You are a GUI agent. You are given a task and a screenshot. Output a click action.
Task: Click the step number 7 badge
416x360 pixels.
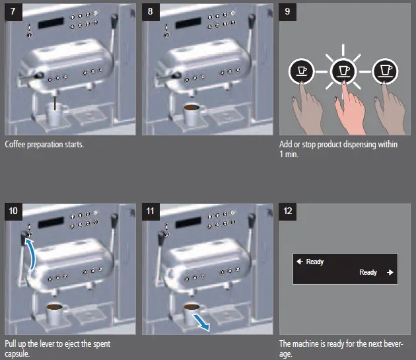[x=13, y=12]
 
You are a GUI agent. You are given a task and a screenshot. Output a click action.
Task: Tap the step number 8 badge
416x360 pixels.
[x=151, y=12]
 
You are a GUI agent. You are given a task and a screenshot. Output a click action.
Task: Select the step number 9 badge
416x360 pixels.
[x=288, y=12]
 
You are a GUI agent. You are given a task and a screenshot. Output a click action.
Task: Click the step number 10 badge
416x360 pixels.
[x=13, y=211]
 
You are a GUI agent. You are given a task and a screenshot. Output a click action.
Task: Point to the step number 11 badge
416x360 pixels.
[x=151, y=211]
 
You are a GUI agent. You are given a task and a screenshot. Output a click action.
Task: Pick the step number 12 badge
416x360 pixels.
[x=288, y=211]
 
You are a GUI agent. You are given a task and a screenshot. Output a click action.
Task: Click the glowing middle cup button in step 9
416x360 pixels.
[x=343, y=71]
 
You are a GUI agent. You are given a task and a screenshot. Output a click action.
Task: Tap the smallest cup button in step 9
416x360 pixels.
[x=301, y=71]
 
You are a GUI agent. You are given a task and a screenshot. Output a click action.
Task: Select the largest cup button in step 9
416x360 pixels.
[x=385, y=71]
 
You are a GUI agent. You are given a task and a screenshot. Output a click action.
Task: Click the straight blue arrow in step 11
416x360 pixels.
[x=201, y=322]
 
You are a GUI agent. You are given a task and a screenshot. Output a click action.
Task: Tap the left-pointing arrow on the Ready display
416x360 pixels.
[x=300, y=262]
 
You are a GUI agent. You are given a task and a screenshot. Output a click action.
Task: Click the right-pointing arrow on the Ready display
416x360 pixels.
[x=390, y=272]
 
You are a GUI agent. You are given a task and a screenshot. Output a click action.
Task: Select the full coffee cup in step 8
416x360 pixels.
[x=193, y=115]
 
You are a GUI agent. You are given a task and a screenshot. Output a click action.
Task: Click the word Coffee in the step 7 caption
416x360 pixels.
[x=15, y=144]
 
